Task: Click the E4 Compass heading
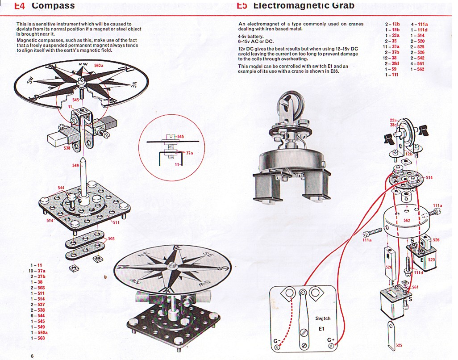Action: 45,6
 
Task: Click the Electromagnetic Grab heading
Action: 298,6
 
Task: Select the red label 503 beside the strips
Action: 111,239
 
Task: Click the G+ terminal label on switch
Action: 331,340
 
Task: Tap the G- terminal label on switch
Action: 276,341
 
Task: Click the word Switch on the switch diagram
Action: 322,318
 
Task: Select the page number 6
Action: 32,356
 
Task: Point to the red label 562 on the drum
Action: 406,220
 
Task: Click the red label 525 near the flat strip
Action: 399,346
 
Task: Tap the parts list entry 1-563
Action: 38,338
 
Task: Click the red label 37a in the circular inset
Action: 189,152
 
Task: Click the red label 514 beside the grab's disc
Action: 429,178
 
